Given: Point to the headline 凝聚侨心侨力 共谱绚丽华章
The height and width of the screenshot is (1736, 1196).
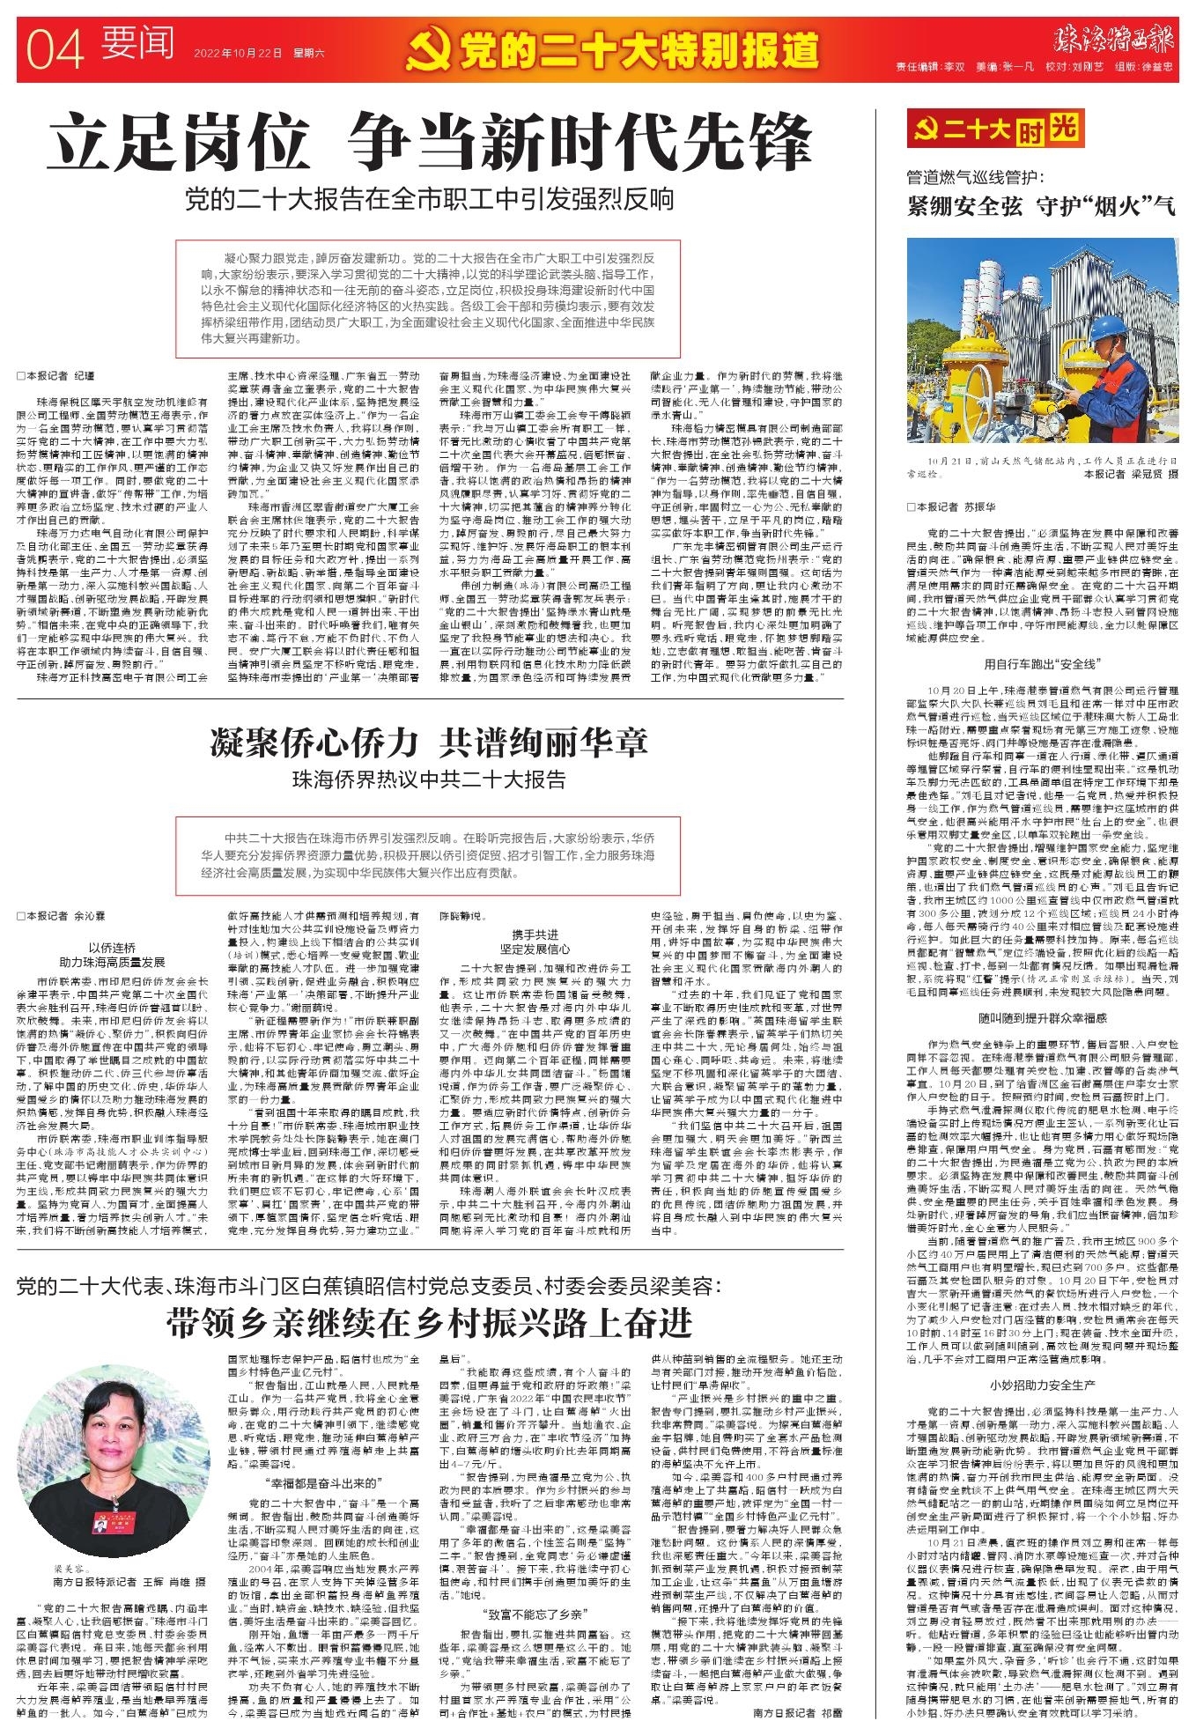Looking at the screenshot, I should pos(429,743).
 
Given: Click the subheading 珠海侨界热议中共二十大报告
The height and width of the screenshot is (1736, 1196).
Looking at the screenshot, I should pos(429,780).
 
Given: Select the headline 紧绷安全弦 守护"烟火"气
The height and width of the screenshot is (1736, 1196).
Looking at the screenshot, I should pos(1041,207).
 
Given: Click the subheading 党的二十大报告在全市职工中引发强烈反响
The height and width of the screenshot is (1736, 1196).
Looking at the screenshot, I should pos(429,200).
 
